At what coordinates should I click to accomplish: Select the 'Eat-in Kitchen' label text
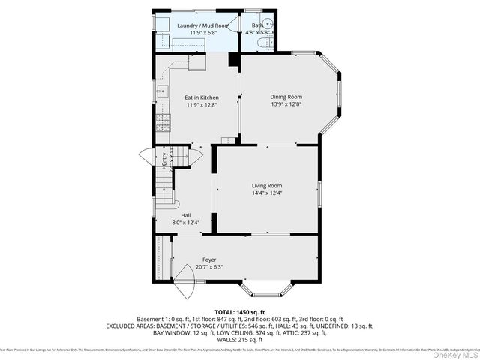(201, 97)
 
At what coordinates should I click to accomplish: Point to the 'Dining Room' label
(286, 97)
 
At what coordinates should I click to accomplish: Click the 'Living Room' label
(266, 185)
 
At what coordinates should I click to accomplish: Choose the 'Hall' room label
(185, 215)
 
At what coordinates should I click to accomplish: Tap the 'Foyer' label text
(209, 259)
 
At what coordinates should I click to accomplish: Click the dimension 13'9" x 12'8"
(286, 105)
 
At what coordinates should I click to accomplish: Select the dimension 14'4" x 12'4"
(266, 193)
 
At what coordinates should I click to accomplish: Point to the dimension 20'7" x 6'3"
(209, 267)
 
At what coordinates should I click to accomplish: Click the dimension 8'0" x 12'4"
(185, 223)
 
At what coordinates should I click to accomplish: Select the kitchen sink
(161, 93)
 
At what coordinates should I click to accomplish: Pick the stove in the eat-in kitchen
(160, 119)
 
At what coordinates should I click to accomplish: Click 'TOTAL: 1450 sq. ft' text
(240, 311)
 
